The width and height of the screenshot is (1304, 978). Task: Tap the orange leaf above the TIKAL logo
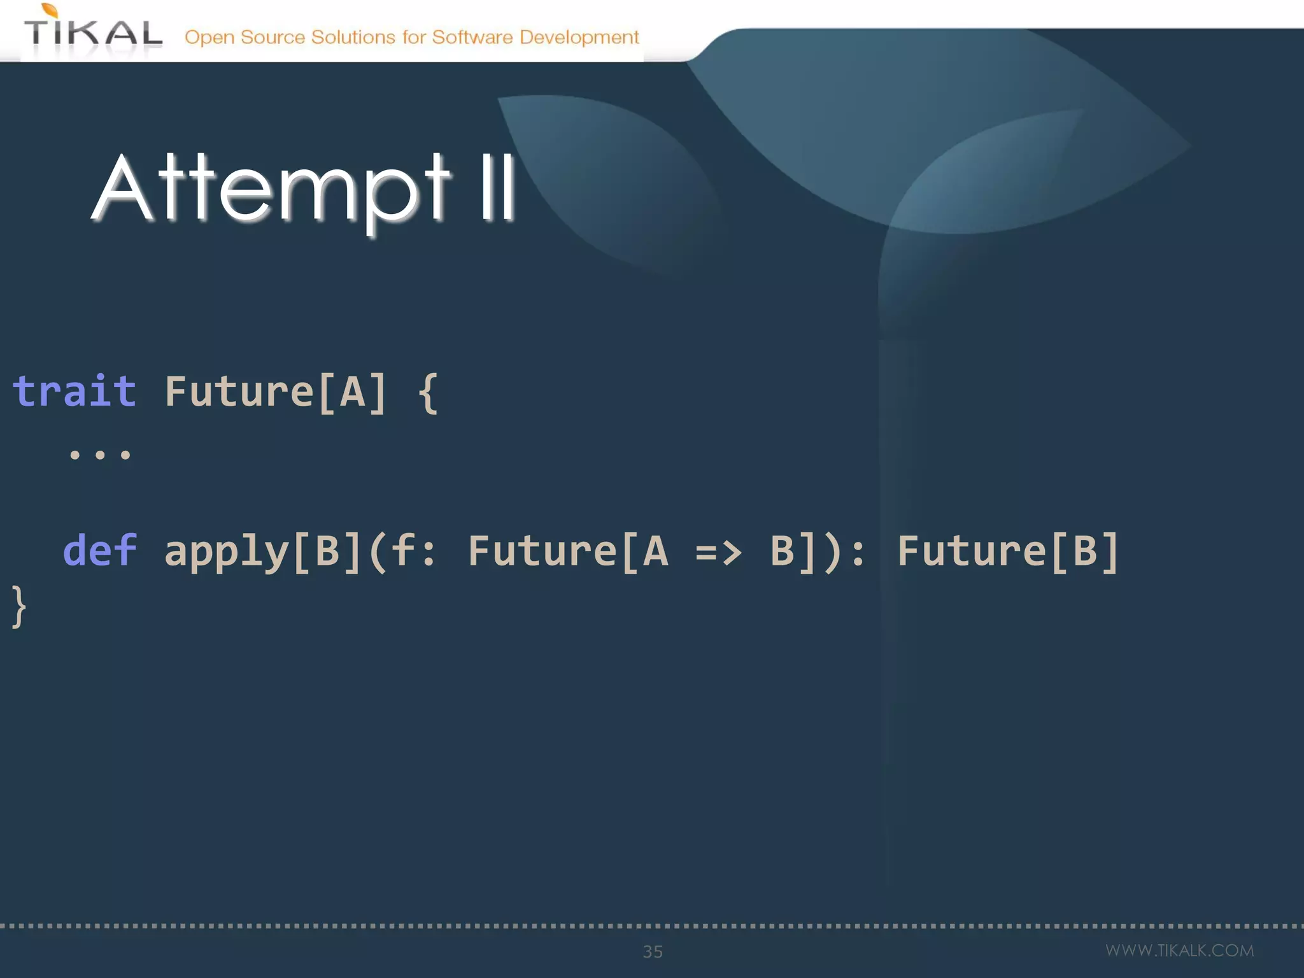(x=50, y=10)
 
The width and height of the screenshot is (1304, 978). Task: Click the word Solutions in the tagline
(x=353, y=38)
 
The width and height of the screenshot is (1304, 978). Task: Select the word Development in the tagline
(x=579, y=38)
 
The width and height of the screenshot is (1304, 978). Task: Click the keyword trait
(x=74, y=391)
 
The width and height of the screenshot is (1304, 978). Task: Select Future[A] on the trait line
(x=275, y=392)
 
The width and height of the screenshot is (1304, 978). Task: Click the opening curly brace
(x=428, y=393)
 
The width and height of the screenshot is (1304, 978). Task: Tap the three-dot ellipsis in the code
(x=100, y=455)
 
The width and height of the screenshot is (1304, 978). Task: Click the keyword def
(x=100, y=550)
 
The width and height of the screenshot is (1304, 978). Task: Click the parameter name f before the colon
(x=403, y=550)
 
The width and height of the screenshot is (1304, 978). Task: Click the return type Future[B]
(x=1007, y=551)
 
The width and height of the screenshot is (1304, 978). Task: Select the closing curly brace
(x=19, y=607)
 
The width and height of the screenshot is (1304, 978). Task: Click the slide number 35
(x=653, y=951)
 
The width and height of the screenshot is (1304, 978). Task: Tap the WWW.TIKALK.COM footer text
(x=1179, y=950)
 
